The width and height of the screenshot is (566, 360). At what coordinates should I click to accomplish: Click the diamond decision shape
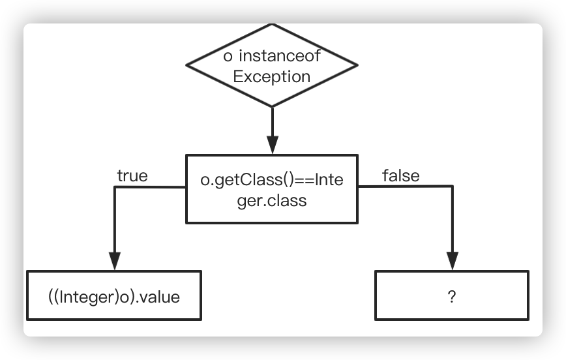click(x=272, y=66)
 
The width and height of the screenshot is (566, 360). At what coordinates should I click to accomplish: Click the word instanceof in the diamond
click(x=279, y=56)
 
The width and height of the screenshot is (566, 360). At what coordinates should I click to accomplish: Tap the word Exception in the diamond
click(x=272, y=76)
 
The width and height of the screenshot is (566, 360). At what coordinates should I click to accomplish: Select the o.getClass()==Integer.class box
click(x=272, y=188)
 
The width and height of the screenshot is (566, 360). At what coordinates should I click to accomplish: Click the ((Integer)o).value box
click(x=114, y=296)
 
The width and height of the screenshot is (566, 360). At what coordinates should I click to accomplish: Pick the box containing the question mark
click(x=451, y=296)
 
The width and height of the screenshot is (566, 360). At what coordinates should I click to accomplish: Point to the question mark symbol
click(x=451, y=297)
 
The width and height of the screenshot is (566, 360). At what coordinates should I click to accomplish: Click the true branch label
click(x=132, y=176)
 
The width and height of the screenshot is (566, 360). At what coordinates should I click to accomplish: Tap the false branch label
click(x=400, y=175)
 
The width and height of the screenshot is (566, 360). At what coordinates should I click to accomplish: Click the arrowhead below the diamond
click(x=272, y=145)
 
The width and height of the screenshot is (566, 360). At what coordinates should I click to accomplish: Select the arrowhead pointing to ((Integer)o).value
click(x=115, y=262)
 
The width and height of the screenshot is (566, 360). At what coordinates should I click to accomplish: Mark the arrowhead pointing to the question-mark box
click(x=452, y=262)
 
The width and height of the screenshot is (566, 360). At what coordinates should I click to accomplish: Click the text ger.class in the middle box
click(x=272, y=200)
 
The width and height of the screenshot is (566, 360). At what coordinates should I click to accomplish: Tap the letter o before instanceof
click(x=228, y=56)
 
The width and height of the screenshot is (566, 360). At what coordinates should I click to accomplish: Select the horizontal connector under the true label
click(x=150, y=188)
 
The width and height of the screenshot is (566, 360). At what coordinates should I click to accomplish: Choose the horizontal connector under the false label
click(x=404, y=188)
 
